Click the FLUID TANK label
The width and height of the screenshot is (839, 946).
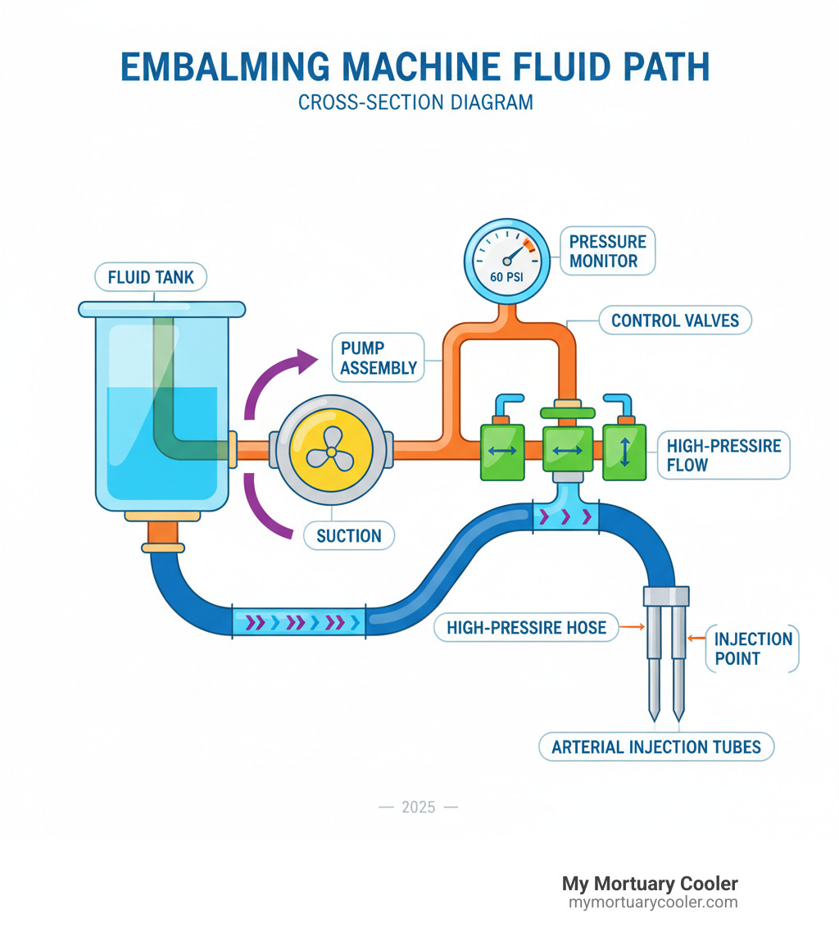[x=152, y=277]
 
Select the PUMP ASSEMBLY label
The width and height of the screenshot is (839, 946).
[x=378, y=358]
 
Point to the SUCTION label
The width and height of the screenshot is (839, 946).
[x=348, y=536]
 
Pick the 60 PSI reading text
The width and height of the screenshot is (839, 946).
[x=506, y=276]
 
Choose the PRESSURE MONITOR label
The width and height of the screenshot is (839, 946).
[x=607, y=252]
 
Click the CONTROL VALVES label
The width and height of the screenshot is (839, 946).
[x=675, y=321]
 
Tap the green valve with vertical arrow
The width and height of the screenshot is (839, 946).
[x=624, y=452]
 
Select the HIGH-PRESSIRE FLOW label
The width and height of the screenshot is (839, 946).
[x=723, y=455]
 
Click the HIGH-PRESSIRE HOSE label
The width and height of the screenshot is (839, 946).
[x=526, y=628]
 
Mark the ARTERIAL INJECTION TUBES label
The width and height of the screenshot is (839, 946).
[x=655, y=747]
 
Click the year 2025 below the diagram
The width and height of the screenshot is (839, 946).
[x=418, y=807]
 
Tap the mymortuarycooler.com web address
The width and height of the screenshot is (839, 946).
[x=653, y=903]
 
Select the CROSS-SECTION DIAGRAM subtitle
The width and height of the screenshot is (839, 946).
[x=415, y=102]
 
